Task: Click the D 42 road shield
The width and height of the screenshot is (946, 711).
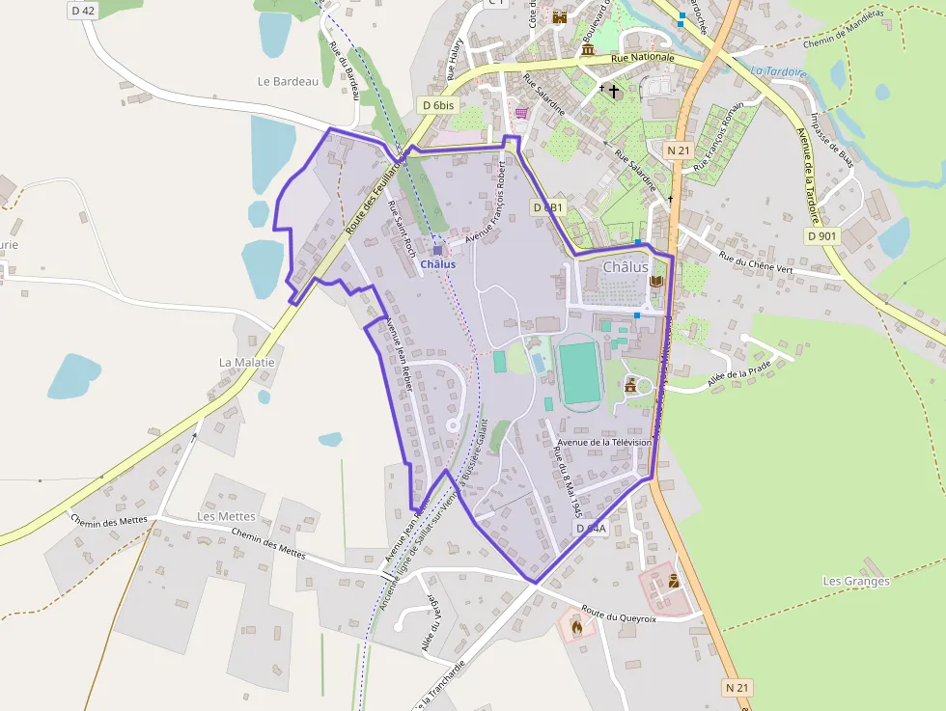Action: [x=83, y=10]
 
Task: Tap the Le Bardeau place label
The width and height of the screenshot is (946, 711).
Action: [x=288, y=82]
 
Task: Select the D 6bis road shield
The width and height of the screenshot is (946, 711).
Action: [x=437, y=104]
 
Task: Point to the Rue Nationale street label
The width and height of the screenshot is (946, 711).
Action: [x=643, y=58]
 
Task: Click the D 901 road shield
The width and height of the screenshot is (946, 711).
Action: [x=823, y=235]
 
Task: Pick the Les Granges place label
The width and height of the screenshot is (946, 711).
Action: [x=855, y=581]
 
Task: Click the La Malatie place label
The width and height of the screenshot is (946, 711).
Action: [x=247, y=363]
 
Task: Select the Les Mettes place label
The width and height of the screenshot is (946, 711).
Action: [x=226, y=516]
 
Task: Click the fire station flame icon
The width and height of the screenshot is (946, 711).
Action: [x=576, y=626]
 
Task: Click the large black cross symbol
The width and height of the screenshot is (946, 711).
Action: [x=614, y=92]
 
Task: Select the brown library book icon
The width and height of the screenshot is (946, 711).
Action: [x=656, y=281]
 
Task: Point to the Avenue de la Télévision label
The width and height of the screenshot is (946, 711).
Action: [x=605, y=442]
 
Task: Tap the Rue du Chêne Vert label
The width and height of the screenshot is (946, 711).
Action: [x=756, y=262]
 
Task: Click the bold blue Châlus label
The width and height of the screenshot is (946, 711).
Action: [x=437, y=264]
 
